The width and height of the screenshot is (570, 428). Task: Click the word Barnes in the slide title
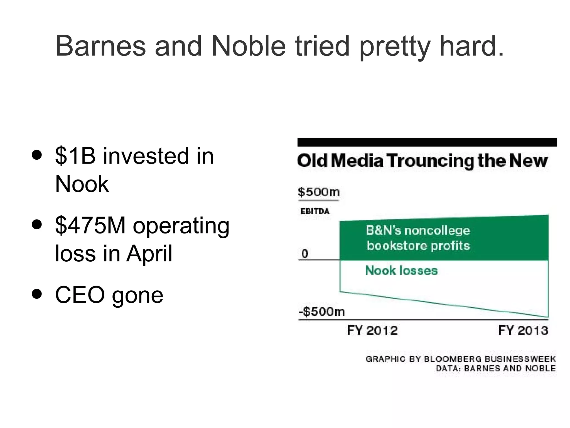(x=100, y=46)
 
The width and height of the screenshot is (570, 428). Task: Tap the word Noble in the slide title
(x=249, y=46)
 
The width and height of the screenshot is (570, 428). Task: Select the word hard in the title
(x=472, y=46)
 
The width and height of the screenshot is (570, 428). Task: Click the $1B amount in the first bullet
(x=75, y=156)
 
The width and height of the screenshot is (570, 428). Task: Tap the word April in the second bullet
(x=149, y=254)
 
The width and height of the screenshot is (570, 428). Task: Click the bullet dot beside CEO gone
(x=37, y=294)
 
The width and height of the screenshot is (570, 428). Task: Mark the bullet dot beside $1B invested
(x=37, y=155)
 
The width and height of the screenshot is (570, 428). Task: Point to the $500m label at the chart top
(x=319, y=192)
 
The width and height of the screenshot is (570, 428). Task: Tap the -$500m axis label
(x=322, y=311)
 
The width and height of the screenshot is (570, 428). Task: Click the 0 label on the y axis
(x=305, y=254)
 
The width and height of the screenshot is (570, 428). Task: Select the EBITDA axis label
(x=315, y=211)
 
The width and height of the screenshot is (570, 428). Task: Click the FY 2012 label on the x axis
(x=372, y=330)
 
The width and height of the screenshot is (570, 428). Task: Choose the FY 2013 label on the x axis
(x=523, y=330)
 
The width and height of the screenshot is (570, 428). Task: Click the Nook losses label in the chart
(x=401, y=271)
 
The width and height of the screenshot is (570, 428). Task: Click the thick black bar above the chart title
(x=427, y=142)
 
